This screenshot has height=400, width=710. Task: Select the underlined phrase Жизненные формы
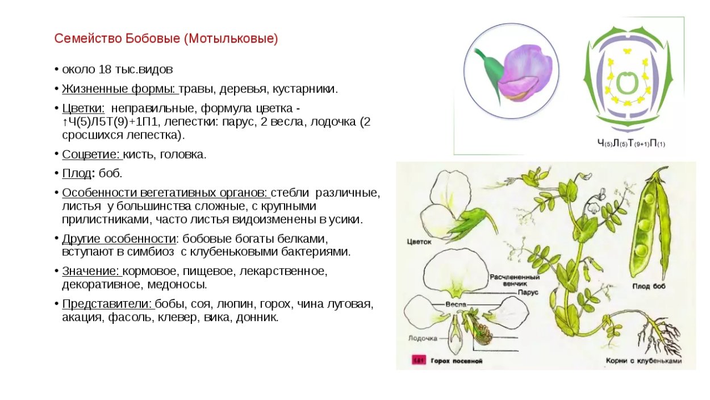pos(119,89)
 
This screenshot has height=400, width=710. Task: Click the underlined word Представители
pos(107,304)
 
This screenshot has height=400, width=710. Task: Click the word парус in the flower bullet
pos(241,122)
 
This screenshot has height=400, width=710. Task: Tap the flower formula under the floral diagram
pos(630,144)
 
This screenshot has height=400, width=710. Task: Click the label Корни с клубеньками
pos(643,360)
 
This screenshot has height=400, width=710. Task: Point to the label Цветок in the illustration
pos(420,241)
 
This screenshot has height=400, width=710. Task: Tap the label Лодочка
pos(423,338)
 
